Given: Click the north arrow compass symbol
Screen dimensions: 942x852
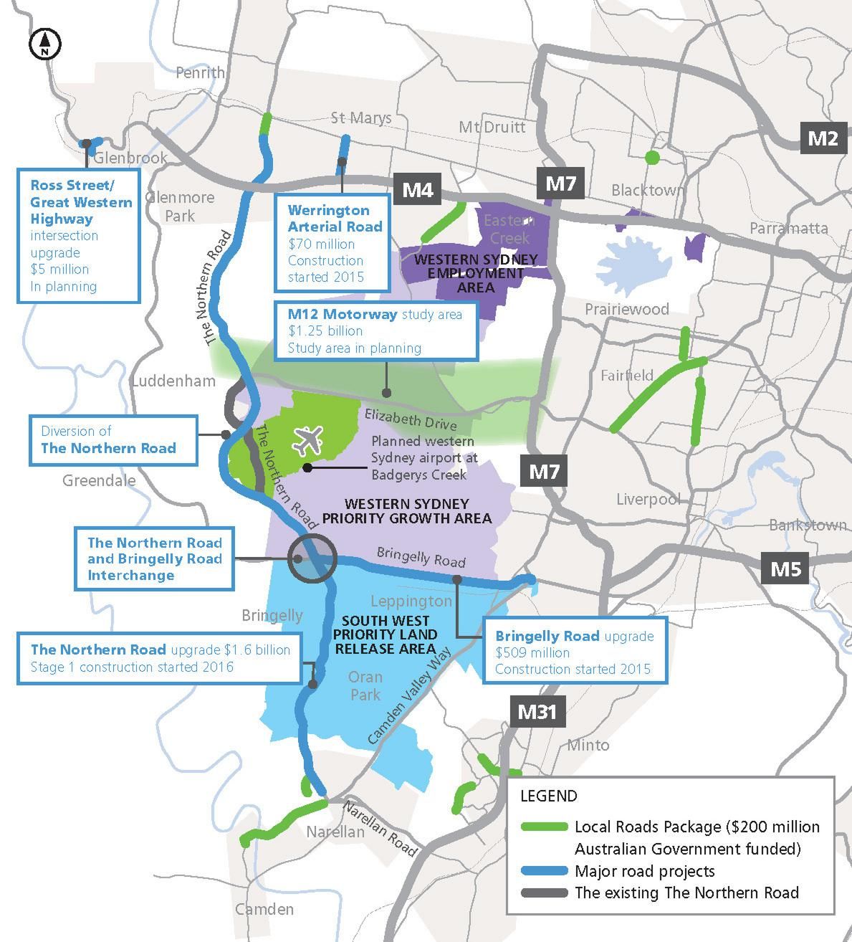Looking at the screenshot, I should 44,44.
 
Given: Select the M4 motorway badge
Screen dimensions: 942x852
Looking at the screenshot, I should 417,190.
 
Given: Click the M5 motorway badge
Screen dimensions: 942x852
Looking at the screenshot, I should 785,568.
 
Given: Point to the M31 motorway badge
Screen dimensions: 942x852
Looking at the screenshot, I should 537,712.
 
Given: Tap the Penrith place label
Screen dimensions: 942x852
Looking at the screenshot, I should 200,72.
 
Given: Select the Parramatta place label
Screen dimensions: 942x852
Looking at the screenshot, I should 788,228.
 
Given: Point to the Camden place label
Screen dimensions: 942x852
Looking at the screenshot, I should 264,909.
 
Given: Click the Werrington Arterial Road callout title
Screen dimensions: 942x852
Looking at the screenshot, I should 335,218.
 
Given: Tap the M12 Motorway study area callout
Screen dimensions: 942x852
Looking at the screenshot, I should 375,330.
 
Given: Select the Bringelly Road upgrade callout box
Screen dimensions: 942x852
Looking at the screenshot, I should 575,652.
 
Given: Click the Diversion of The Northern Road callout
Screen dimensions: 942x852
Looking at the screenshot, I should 113,439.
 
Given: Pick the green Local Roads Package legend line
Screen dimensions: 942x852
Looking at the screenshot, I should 544,827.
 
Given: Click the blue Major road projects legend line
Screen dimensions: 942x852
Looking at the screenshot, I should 544,871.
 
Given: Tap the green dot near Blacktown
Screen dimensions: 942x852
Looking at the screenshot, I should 651,157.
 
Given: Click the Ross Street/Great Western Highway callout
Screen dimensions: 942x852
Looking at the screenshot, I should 78,235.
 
